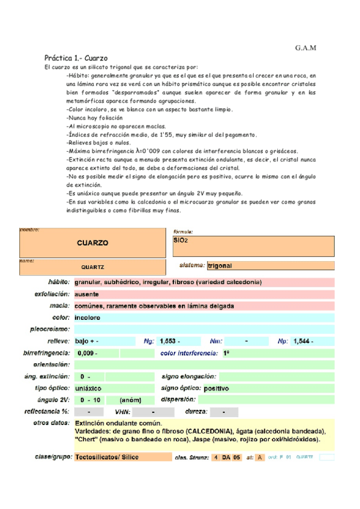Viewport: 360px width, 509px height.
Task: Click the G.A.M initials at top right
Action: pos(305,48)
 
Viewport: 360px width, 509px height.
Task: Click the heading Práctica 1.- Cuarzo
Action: pos(76,58)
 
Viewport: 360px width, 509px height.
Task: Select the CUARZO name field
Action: pos(92,243)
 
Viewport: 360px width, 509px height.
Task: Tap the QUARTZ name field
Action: pos(92,267)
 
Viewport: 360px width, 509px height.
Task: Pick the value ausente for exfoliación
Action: pos(87,294)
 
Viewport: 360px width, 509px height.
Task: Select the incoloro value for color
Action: pos(88,318)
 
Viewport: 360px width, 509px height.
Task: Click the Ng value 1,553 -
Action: pos(170,341)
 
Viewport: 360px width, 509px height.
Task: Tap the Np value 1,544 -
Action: pos(303,341)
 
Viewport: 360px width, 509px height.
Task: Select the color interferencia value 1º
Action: pos(226,353)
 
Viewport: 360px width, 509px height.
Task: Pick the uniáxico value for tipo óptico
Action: pos(88,388)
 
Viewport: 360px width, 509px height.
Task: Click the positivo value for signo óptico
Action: pos(217,388)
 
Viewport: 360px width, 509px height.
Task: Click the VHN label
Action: pos(122,412)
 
